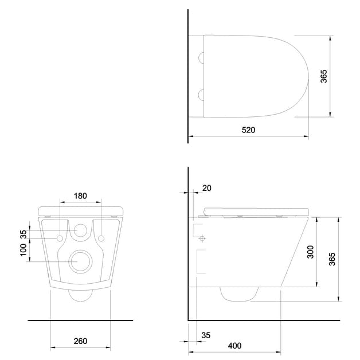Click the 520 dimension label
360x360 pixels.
click(248, 130)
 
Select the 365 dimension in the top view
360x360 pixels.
click(323, 77)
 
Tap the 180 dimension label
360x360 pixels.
click(81, 196)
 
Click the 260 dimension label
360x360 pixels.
click(80, 341)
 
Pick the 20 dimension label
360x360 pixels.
click(207, 187)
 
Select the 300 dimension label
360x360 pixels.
click(310, 252)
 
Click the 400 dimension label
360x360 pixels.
click(234, 346)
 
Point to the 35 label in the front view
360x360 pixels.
click(23, 233)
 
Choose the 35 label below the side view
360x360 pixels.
click(206, 335)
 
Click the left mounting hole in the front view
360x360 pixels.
click(60, 237)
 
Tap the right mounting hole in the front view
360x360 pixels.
click(101, 237)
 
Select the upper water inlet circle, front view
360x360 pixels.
click(81, 230)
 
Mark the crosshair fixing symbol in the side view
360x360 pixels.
click(202, 238)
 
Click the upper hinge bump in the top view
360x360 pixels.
click(200, 57)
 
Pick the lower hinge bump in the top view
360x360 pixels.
click(200, 94)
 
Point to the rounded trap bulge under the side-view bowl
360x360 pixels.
click(237, 294)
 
